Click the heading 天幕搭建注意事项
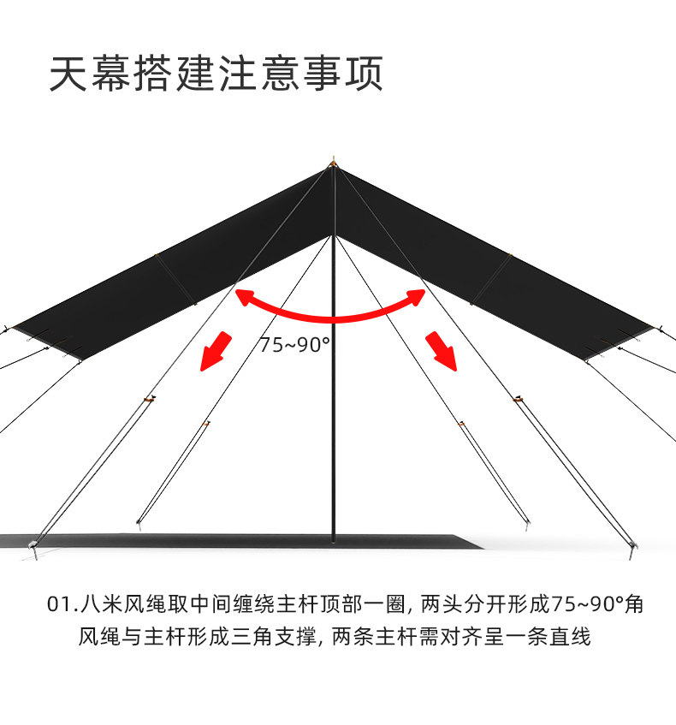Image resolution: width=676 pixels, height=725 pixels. [216, 74]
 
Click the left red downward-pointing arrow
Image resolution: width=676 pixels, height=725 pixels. [216, 350]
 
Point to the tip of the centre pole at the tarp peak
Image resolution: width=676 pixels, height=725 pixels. [334, 160]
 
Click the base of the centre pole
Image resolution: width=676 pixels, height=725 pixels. [334, 539]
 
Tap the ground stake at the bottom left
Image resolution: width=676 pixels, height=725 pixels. [34, 547]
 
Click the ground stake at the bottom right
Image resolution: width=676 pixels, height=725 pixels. [632, 547]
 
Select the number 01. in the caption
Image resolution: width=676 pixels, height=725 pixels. [62, 604]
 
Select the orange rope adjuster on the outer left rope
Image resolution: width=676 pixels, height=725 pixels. [150, 399]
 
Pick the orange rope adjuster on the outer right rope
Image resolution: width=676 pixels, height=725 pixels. [517, 399]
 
